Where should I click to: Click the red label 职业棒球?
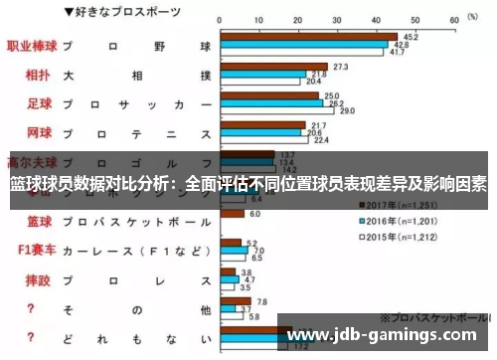pos(31,46)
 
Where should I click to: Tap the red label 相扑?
pos(38,75)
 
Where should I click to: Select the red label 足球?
pos(38,103)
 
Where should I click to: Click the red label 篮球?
pos(38,221)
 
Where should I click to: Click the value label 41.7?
pos(396,53)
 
